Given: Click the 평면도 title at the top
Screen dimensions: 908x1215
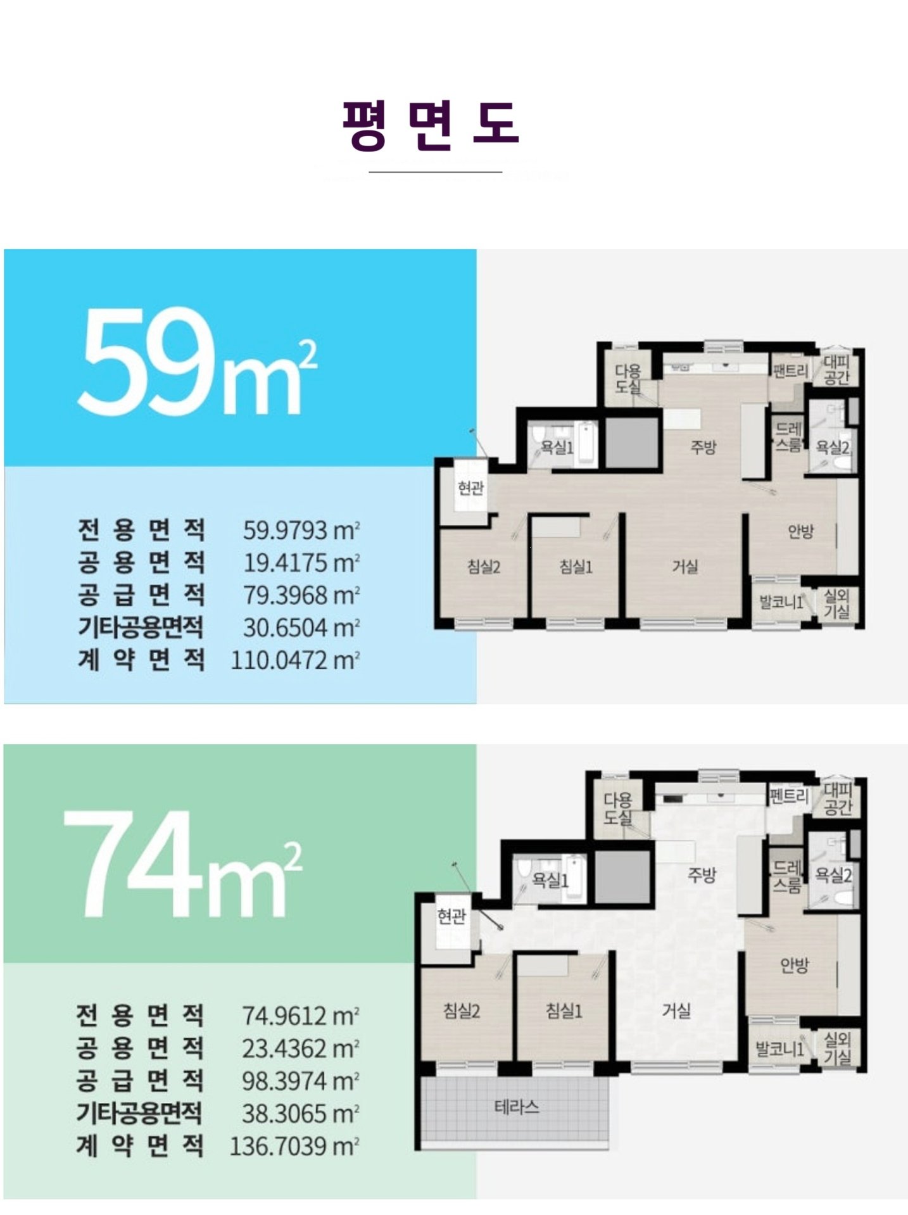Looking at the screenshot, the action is [431, 125].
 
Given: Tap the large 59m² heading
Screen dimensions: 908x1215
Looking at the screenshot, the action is [197, 363].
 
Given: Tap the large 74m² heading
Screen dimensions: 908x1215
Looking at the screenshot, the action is [183, 864].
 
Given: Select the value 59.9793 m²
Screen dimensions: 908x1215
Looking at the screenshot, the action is [301, 530].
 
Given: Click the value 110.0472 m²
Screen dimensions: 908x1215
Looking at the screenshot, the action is [295, 660].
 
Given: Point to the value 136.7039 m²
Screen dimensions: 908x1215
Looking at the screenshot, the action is [294, 1146].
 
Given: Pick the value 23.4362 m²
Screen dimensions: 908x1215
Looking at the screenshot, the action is [301, 1048].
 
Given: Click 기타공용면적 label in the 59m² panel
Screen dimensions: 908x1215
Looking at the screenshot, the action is [141, 627].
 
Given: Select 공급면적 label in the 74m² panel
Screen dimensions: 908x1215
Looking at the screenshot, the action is [140, 1080].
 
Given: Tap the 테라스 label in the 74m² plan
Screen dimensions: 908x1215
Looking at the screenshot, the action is [516, 1107].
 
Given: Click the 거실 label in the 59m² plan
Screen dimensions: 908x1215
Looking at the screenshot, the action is [685, 566].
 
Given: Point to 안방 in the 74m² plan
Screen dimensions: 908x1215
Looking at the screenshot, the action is [794, 965].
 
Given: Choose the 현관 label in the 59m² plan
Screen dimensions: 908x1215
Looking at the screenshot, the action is [470, 488].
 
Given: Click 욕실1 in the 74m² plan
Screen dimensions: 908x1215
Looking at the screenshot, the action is [550, 880].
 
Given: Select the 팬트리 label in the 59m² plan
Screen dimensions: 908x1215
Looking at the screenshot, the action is [790, 370].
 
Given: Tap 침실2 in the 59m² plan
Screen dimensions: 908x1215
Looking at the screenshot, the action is [484, 567].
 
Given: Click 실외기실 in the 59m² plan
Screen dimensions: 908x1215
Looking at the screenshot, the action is [836, 603].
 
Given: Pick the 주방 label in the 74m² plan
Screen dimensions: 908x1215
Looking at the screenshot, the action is [702, 875].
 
